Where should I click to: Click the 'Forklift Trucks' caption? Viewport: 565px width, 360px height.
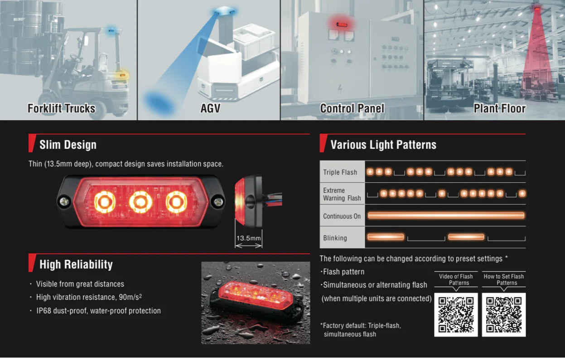click(x=62, y=109)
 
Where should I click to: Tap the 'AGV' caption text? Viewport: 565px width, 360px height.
click(x=210, y=109)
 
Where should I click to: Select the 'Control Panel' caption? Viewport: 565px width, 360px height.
click(x=352, y=109)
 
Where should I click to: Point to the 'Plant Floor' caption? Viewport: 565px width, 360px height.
click(x=499, y=109)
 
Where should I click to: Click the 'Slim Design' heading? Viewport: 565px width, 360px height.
click(x=68, y=145)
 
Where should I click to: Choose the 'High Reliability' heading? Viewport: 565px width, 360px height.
click(x=76, y=265)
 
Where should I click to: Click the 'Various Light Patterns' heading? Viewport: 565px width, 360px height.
click(x=383, y=145)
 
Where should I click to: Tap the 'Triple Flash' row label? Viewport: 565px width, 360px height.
click(x=340, y=172)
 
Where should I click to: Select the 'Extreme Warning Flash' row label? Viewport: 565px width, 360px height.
click(x=342, y=194)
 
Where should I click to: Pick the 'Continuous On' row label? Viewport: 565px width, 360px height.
click(x=342, y=216)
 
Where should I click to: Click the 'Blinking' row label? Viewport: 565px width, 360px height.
click(x=335, y=238)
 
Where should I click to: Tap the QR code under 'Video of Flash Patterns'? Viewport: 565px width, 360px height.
click(x=456, y=315)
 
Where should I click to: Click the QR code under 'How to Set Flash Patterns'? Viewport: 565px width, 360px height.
click(x=504, y=315)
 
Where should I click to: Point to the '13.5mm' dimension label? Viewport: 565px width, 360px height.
click(x=249, y=238)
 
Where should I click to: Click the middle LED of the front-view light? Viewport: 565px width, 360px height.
click(x=140, y=202)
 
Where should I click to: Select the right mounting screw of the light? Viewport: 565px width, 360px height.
click(x=217, y=200)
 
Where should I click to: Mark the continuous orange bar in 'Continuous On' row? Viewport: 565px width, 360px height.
click(x=446, y=215)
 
